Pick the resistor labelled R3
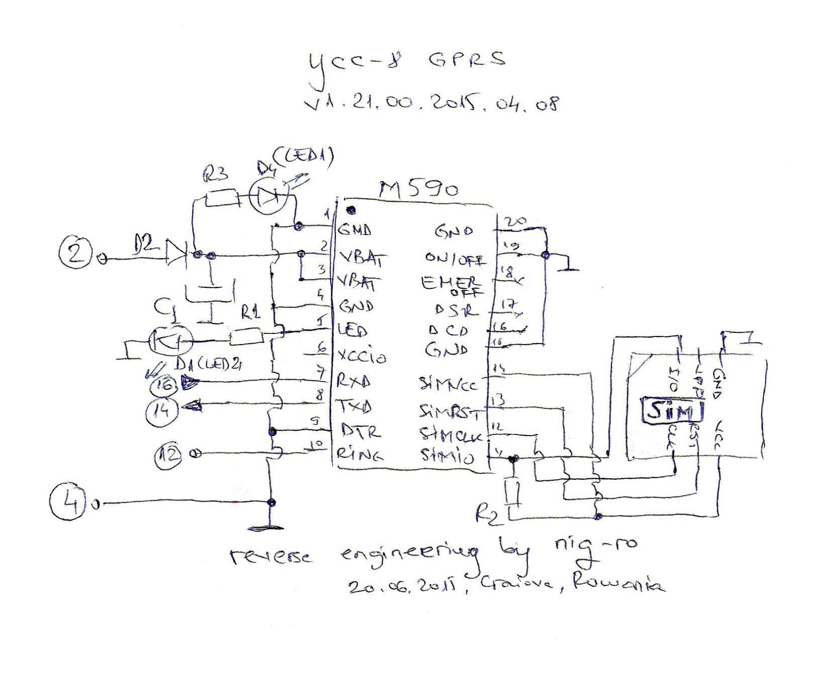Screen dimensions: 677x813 222,198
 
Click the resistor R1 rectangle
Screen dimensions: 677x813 246,336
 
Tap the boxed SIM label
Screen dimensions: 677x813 672,410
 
